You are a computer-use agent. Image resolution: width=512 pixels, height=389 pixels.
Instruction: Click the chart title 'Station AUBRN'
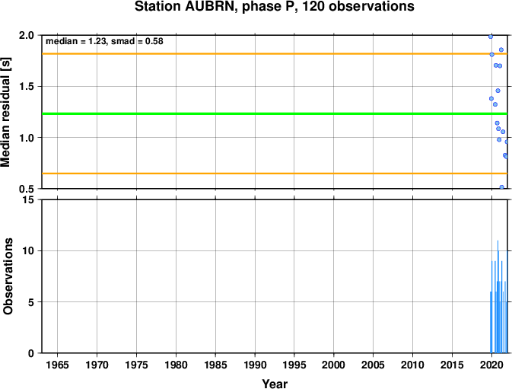pyautogui.click(x=186, y=7)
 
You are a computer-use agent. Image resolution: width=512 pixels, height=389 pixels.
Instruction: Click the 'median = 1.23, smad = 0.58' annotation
pyautogui.click(x=104, y=41)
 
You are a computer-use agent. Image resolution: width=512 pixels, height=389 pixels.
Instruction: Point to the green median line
pyautogui.click(x=275, y=113)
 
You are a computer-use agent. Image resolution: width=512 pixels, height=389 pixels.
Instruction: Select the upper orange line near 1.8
pyautogui.click(x=275, y=53)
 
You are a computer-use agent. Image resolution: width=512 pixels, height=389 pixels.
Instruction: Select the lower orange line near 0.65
pyautogui.click(x=275, y=174)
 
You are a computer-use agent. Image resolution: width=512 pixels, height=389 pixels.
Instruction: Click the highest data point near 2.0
pyautogui.click(x=491, y=37)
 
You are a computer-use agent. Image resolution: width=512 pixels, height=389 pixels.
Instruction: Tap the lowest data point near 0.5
pyautogui.click(x=501, y=187)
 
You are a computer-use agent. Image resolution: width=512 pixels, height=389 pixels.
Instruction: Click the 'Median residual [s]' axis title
pyautogui.click(x=5, y=112)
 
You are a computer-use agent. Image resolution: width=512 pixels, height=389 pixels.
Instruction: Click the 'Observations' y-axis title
pyautogui.click(x=8, y=276)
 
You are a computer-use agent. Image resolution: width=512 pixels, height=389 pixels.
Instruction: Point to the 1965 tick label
pyautogui.click(x=58, y=365)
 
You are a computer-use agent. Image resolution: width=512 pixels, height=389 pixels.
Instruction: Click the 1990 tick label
pyautogui.click(x=255, y=365)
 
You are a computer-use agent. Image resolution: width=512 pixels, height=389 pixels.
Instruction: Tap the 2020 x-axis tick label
pyautogui.click(x=491, y=365)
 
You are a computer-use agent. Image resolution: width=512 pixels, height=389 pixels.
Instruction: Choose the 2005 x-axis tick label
pyautogui.click(x=374, y=365)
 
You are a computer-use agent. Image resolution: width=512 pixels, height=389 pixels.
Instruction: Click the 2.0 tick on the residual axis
pyautogui.click(x=27, y=35)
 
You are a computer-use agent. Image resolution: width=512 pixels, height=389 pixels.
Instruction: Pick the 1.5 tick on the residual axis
pyautogui.click(x=27, y=87)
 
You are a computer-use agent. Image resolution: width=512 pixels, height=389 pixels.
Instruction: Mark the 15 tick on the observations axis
pyautogui.click(x=29, y=199)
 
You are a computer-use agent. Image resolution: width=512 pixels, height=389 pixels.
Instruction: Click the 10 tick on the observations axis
pyautogui.click(x=29, y=251)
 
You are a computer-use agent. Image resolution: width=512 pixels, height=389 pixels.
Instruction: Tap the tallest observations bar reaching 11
pyautogui.click(x=498, y=297)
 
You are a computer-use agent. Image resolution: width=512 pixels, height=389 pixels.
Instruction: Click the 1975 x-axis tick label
pyautogui.click(x=136, y=365)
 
